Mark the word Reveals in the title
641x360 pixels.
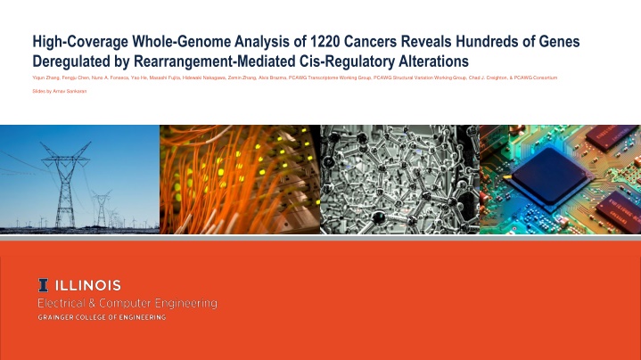[x=444, y=42]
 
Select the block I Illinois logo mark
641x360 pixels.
[x=43, y=285]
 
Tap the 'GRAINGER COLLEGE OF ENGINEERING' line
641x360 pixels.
[x=101, y=318]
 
